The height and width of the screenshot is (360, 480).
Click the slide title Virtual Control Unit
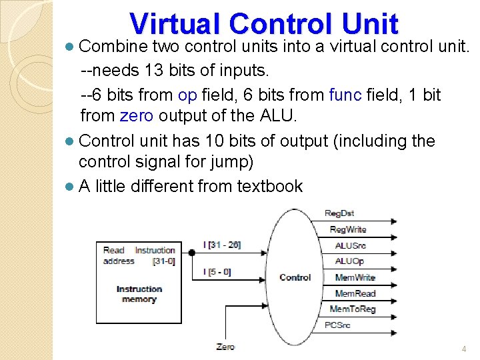pos(264,23)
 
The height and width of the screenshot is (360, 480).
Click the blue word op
pos(187,95)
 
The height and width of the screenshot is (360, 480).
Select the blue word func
pos(345,95)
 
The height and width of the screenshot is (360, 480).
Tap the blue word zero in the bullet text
pos(137,116)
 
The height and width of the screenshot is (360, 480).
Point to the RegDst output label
pos(340,213)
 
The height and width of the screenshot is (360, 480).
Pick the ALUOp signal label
pos(349,261)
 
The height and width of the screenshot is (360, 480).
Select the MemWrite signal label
pos(355,277)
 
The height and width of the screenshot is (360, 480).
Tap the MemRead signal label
pos(355,293)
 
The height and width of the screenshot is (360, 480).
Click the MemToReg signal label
pos(353,309)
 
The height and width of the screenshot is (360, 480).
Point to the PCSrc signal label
pos(337,325)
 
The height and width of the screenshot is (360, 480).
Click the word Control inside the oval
pos(295,277)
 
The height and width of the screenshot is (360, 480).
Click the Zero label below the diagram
pos(225,347)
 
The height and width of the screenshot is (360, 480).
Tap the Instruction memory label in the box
pos(139,294)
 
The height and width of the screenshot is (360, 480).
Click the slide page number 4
pos(464,349)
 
